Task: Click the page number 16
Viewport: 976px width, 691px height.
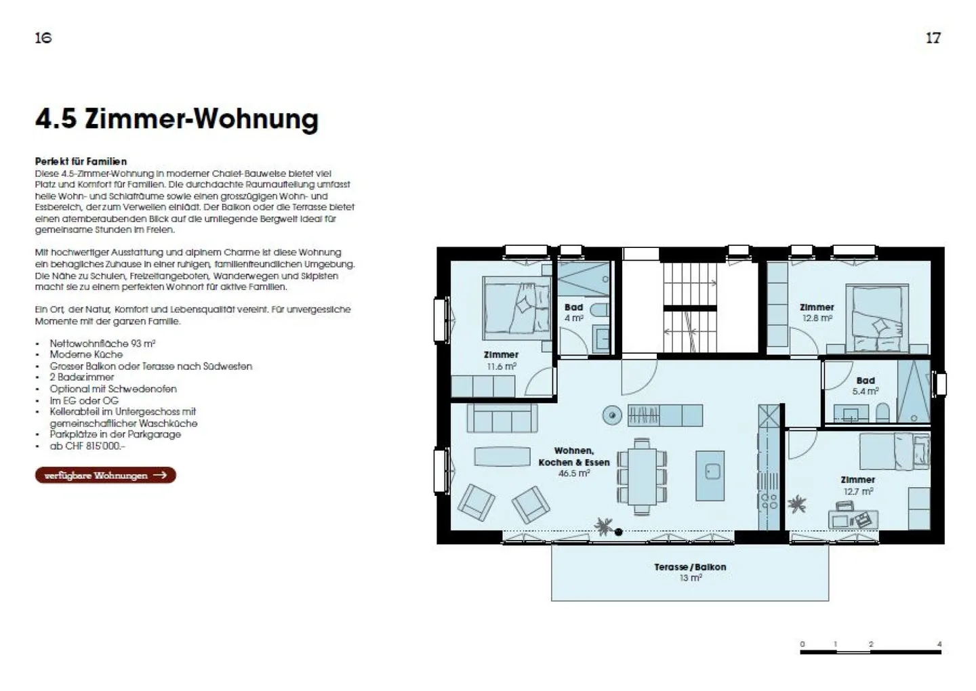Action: click(43, 37)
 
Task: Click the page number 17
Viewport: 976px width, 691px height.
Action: click(933, 37)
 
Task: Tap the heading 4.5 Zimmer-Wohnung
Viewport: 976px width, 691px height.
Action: click(176, 119)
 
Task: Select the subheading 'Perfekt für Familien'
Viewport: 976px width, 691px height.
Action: click(81, 161)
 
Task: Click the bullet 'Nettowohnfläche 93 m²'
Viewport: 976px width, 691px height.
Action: click(102, 343)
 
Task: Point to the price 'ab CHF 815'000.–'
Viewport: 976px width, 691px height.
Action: click(87, 446)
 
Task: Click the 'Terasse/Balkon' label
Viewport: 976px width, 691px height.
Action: click(690, 567)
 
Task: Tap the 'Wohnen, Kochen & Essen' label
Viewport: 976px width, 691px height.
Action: click(573, 457)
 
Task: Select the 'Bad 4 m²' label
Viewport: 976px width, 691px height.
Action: click(573, 312)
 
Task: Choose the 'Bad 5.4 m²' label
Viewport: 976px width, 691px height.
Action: click(866, 385)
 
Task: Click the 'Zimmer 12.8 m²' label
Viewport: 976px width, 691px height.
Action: click(817, 312)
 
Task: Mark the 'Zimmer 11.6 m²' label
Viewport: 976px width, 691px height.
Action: click(501, 360)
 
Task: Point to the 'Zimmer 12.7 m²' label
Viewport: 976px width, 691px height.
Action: click(857, 485)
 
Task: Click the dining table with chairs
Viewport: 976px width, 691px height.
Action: click(640, 474)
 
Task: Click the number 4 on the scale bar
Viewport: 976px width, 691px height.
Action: click(939, 644)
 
